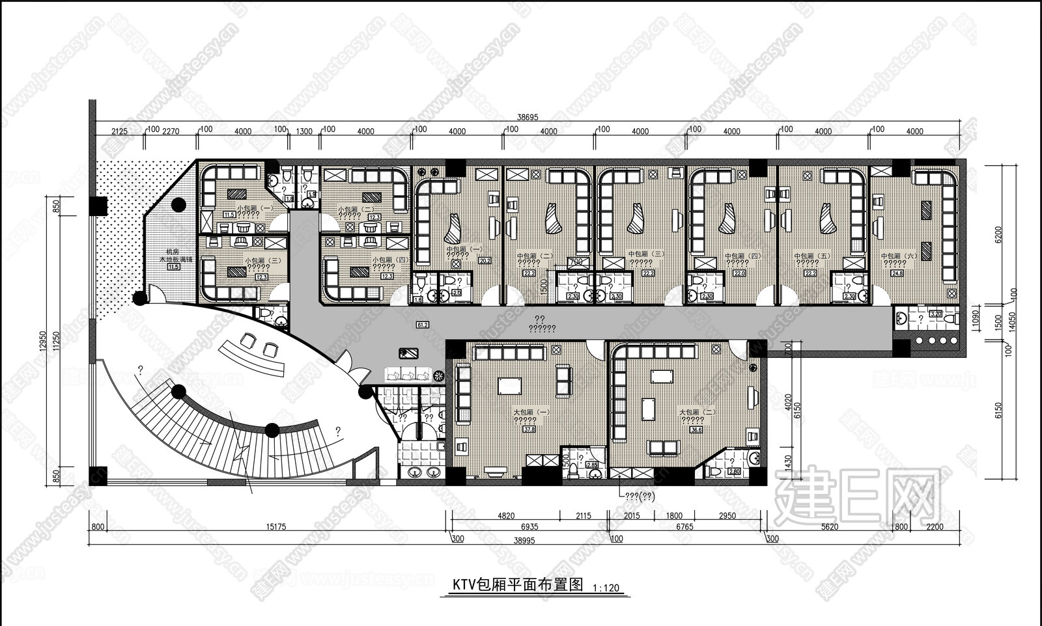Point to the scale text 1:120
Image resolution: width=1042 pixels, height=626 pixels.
tap(606, 588)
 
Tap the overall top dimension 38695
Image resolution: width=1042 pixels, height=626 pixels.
tap(528, 118)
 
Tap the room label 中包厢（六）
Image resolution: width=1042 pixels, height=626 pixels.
tap(899, 256)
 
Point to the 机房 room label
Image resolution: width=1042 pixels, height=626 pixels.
tap(173, 251)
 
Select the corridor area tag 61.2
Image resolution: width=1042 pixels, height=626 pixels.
tap(422, 325)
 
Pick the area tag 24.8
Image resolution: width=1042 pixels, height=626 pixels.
tap(936, 273)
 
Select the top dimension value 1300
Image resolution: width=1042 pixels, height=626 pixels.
tap(304, 131)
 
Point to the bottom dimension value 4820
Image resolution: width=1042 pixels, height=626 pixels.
tap(505, 516)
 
